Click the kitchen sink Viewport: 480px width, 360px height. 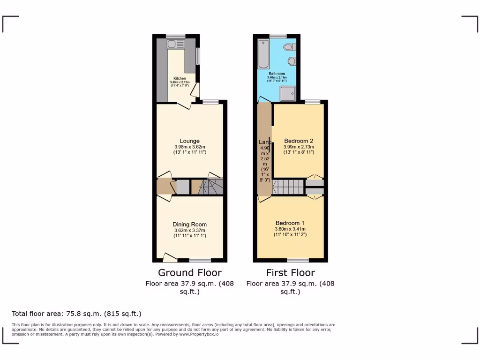[x=171, y=45]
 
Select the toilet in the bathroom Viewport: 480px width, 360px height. [x=292, y=47]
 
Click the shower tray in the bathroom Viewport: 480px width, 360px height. [x=288, y=95]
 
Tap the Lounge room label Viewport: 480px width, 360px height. [x=190, y=141]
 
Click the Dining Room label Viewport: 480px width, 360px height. [x=190, y=224]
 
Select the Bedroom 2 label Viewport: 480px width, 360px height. [x=299, y=141]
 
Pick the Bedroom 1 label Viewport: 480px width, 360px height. [x=290, y=223]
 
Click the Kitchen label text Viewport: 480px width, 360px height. [x=180, y=78]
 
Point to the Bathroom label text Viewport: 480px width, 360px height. [x=277, y=74]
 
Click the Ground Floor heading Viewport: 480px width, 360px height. [x=190, y=272]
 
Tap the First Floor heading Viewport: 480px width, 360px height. [x=291, y=272]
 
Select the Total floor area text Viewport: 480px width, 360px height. [x=76, y=314]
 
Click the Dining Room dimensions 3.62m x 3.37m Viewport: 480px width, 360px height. [x=190, y=230]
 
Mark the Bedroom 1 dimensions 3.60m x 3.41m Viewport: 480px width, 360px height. [x=291, y=229]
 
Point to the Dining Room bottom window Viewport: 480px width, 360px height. [x=200, y=260]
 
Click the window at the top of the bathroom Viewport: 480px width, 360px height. [x=278, y=36]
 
